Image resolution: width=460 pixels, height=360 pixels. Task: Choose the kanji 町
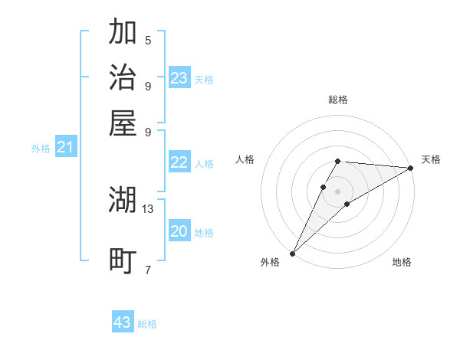123,260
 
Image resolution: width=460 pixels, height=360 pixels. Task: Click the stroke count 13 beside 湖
148,208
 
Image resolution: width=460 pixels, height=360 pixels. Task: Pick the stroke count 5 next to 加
148,40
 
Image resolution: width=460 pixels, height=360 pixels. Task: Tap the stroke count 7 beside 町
148,270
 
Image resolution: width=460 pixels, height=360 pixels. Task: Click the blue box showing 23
179,78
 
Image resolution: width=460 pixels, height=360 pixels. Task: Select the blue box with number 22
179,162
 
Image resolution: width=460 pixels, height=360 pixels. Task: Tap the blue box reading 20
179,231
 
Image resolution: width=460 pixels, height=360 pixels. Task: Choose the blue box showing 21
65,147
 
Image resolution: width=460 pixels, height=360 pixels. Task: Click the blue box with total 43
123,322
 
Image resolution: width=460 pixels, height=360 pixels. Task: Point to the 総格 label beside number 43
147,324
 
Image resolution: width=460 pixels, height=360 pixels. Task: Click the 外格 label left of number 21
41,149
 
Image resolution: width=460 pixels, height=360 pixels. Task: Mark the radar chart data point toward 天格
411,169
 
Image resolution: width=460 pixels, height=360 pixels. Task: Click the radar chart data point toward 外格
292,253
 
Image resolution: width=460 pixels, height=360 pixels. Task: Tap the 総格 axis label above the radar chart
338,100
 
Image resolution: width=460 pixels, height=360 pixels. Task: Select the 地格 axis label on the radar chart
402,263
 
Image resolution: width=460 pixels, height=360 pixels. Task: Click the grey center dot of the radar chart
337,191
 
